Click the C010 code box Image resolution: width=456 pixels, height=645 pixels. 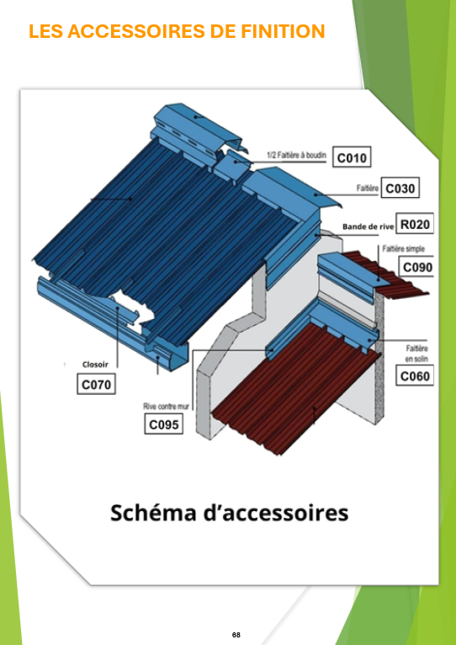(x=352, y=157)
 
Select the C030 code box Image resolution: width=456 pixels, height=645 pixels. (x=400, y=189)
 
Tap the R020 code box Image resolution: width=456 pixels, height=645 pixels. (x=415, y=224)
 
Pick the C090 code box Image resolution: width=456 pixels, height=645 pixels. (x=417, y=267)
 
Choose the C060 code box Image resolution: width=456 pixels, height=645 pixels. (x=415, y=376)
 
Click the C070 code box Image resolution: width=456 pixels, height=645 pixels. (x=96, y=385)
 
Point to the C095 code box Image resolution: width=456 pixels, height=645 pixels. (x=164, y=424)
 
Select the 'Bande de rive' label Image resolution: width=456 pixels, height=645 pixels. (x=368, y=227)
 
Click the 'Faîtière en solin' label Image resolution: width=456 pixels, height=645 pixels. (x=416, y=354)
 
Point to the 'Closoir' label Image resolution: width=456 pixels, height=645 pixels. (x=95, y=364)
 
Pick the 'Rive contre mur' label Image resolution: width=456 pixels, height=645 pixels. (x=164, y=407)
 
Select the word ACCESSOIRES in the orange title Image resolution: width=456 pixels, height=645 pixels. (x=128, y=31)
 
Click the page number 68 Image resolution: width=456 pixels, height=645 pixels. (x=236, y=635)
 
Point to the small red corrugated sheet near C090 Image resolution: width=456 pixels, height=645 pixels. (x=390, y=274)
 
